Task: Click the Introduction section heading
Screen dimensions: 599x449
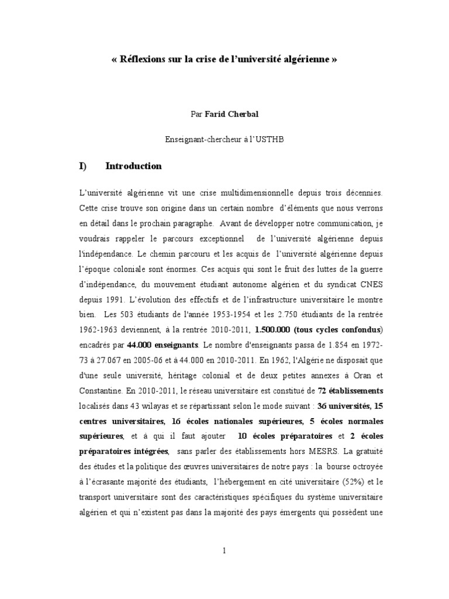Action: (133, 166)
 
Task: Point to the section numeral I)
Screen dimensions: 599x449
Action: (82, 166)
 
